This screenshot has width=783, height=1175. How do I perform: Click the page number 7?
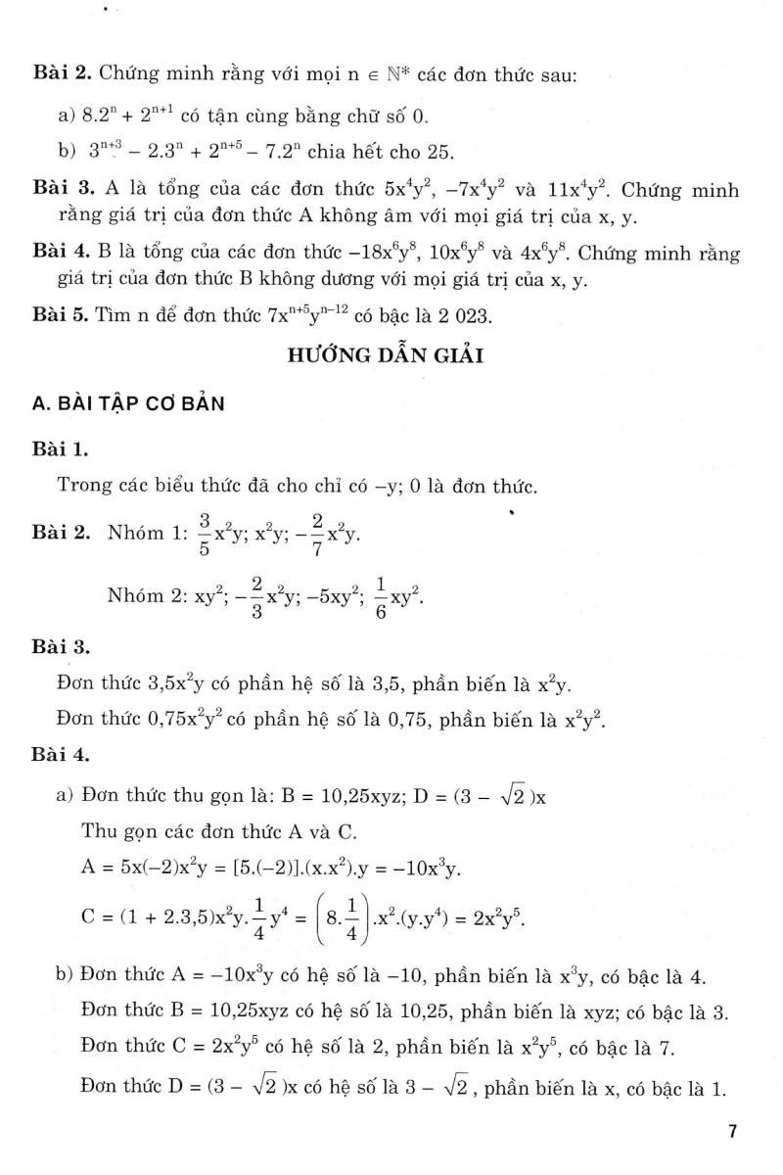(731, 1133)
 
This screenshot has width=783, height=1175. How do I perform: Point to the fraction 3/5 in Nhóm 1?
(205, 533)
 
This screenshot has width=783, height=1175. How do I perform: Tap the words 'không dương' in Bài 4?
(328, 282)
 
